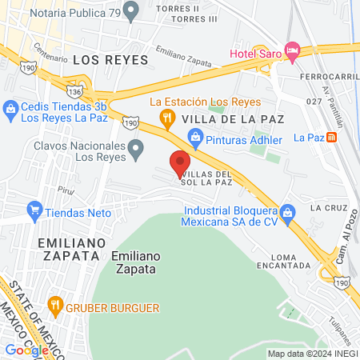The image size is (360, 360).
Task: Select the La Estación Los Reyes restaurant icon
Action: click(x=166, y=119)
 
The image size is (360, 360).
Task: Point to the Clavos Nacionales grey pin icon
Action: click(x=136, y=148)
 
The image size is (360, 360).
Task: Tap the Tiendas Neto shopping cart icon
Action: click(x=34, y=211)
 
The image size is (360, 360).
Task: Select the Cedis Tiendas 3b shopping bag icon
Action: click(x=10, y=107)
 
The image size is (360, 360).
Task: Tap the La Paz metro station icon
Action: click(x=331, y=137)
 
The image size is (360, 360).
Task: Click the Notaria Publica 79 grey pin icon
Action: click(x=133, y=9)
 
